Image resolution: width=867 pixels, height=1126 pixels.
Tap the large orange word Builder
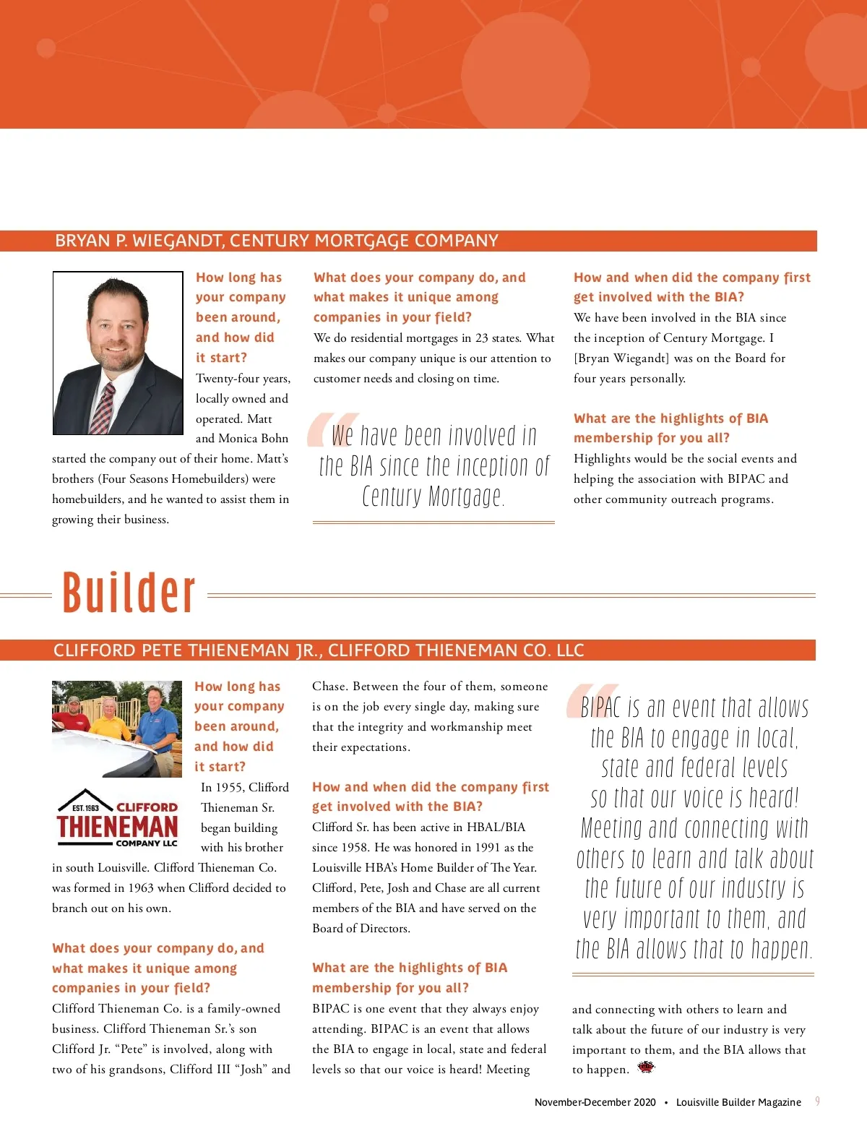point(129,593)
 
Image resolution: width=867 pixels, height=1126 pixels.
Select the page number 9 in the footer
point(817,1101)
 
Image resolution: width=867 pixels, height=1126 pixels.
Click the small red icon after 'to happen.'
point(646,1067)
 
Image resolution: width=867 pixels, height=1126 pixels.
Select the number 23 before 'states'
point(482,338)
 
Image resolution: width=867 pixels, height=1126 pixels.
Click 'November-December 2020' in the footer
point(595,1102)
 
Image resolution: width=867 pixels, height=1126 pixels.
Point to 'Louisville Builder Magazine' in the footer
point(738,1102)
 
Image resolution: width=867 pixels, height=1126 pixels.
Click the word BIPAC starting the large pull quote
point(600,707)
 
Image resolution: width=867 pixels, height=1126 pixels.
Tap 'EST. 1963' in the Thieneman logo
point(86,807)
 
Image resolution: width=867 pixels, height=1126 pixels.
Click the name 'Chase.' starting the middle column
point(329,686)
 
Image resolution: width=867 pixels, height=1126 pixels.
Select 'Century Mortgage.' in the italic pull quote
point(433,497)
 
